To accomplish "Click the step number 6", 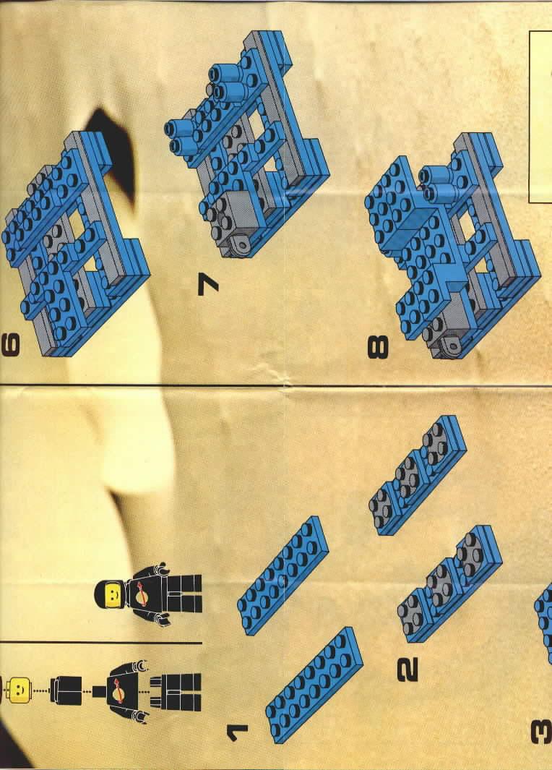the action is click(12, 344).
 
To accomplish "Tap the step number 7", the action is click(208, 284).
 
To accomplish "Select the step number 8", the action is click(378, 347).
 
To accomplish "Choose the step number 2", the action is click(407, 670).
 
